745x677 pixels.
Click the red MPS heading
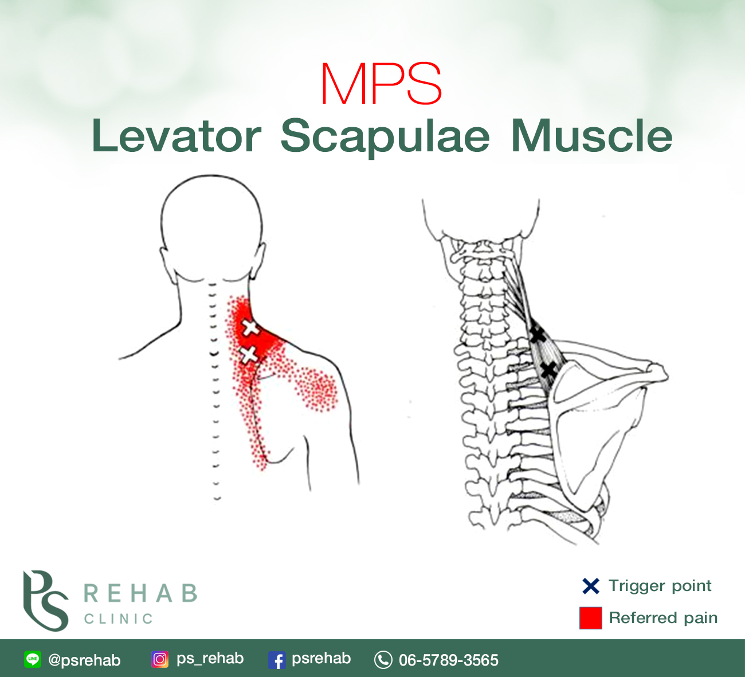click(381, 84)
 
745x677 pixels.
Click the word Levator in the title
click(177, 136)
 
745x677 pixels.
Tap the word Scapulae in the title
click(385, 138)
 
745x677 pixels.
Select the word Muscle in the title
click(591, 136)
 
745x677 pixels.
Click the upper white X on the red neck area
click(249, 328)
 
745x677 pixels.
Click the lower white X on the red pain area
click(249, 354)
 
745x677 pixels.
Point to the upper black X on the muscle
click(536, 334)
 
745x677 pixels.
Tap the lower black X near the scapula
click(548, 370)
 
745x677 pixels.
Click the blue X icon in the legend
click(590, 586)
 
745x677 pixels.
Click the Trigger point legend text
click(660, 586)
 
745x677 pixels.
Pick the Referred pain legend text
click(663, 618)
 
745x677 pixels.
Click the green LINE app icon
click(33, 659)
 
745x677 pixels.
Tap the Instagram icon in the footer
click(160, 659)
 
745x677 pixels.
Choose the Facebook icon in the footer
click(277, 660)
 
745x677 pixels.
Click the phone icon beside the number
click(383, 660)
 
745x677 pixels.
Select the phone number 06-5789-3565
click(449, 660)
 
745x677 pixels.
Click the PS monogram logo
click(46, 600)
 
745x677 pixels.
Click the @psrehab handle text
click(84, 660)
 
